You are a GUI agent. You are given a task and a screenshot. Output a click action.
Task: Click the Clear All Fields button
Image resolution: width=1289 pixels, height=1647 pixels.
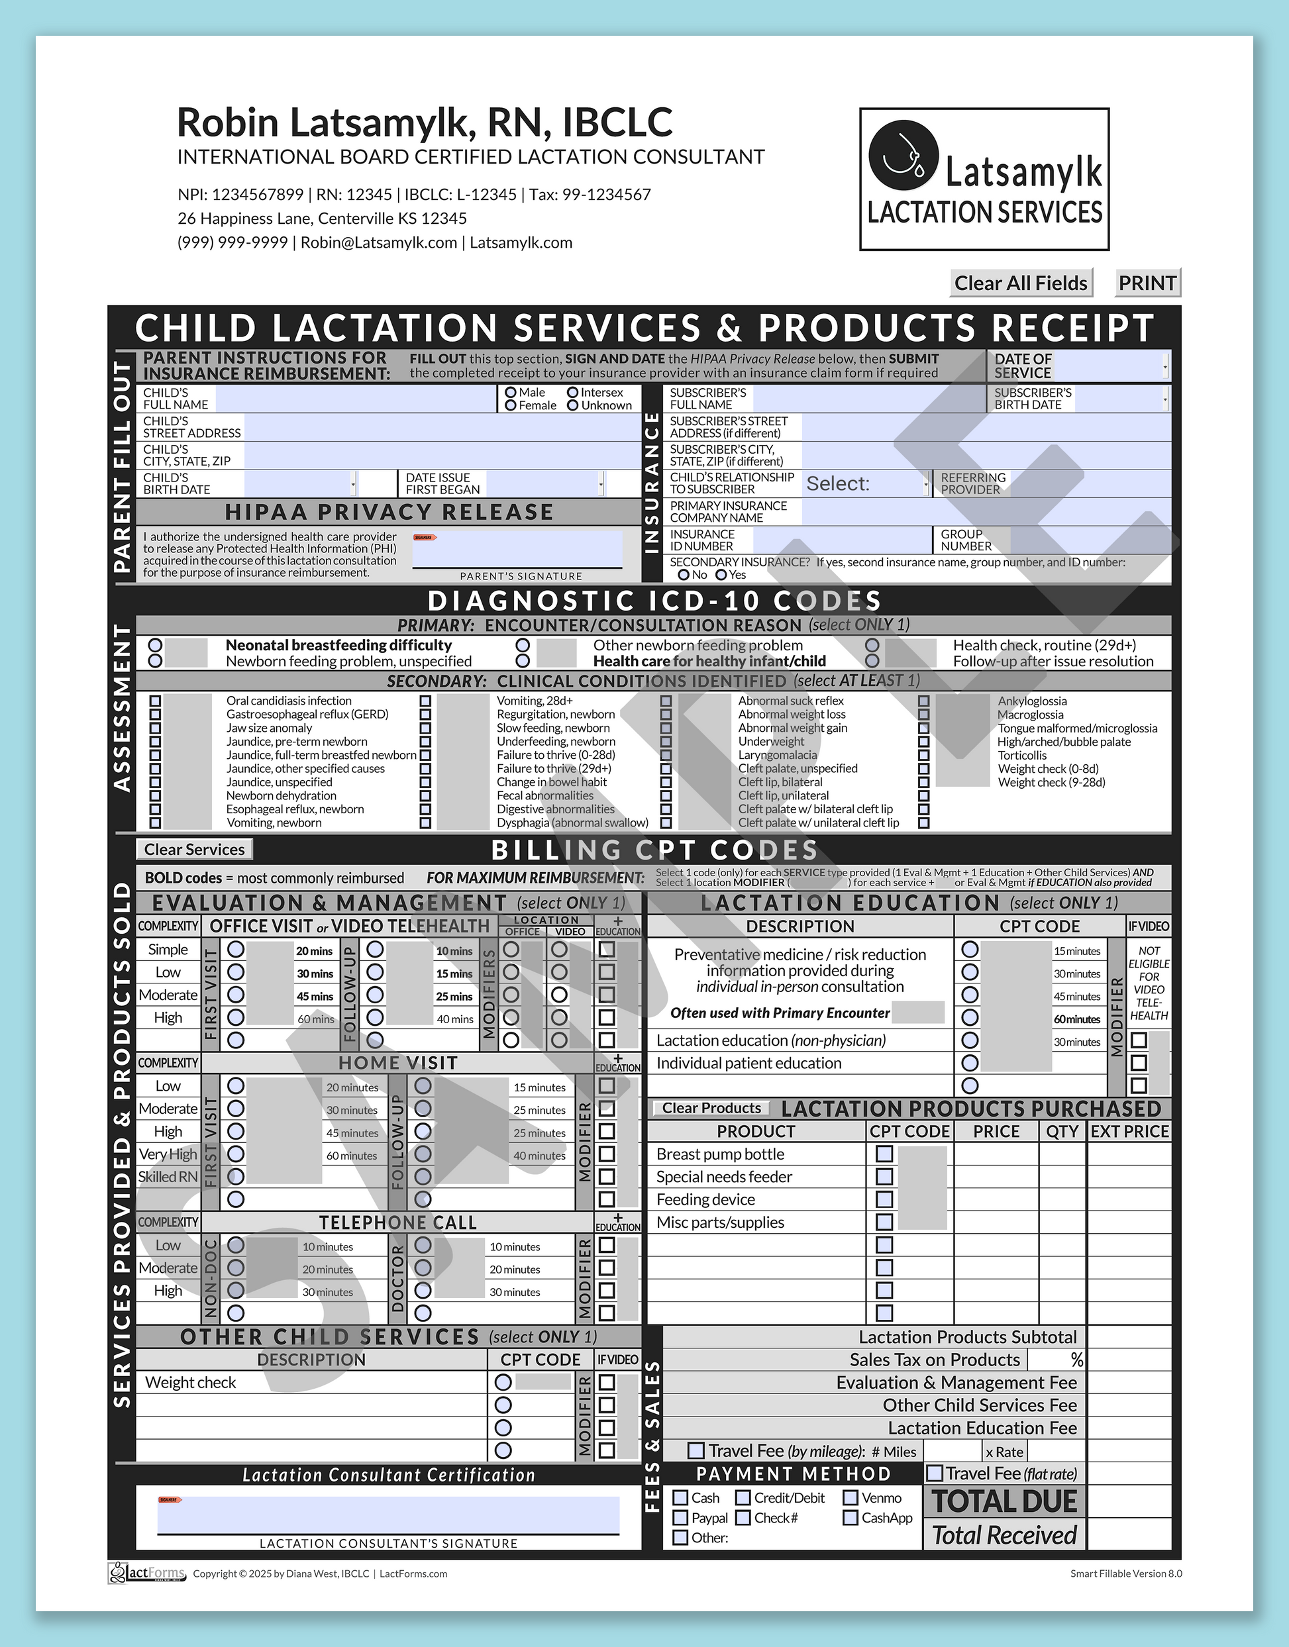tap(1020, 283)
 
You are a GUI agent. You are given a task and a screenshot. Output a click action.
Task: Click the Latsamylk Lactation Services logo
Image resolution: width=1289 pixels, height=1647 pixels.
tap(984, 179)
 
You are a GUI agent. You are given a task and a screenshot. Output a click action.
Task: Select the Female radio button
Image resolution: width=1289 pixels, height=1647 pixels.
tap(511, 405)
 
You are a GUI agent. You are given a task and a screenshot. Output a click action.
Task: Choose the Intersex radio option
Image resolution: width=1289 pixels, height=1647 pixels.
tap(573, 392)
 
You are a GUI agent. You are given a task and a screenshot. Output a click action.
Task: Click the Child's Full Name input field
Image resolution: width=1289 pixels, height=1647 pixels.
tap(354, 399)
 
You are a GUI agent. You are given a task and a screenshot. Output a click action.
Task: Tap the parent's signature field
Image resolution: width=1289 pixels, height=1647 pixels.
tap(517, 549)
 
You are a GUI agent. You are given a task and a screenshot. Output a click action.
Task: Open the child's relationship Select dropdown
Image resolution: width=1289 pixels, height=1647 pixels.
tap(866, 483)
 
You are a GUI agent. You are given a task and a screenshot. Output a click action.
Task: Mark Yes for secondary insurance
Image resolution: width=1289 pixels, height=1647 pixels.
tap(721, 575)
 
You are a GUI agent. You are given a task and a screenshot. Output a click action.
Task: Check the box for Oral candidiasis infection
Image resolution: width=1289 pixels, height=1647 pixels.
tap(156, 701)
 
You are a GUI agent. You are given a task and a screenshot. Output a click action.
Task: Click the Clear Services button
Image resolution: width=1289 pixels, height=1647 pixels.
tap(194, 850)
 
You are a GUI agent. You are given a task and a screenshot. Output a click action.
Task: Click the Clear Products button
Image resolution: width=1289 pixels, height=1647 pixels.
tap(711, 1109)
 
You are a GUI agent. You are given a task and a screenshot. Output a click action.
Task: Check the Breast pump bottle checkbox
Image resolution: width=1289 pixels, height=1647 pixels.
tap(884, 1154)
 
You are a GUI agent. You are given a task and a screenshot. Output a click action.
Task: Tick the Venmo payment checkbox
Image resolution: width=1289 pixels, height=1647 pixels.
tap(851, 1497)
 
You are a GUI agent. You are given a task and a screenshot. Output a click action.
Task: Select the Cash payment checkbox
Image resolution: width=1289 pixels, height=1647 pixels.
tap(681, 1497)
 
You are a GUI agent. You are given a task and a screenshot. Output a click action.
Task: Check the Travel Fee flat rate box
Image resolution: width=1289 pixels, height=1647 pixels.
tap(935, 1473)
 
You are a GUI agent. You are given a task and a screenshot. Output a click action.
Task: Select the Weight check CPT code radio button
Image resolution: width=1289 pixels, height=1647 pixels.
tap(503, 1382)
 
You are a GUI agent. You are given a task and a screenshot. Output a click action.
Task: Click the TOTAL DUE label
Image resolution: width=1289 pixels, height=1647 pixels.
tap(1004, 1501)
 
